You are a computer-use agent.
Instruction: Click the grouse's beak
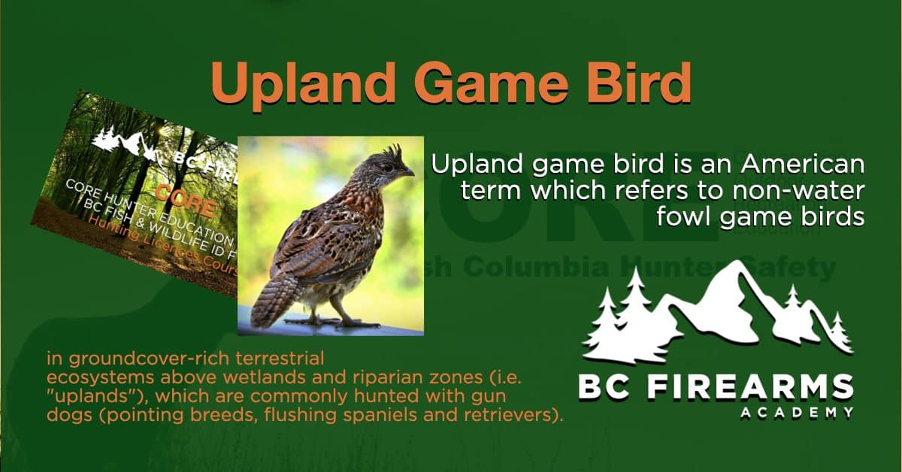[408, 173]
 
